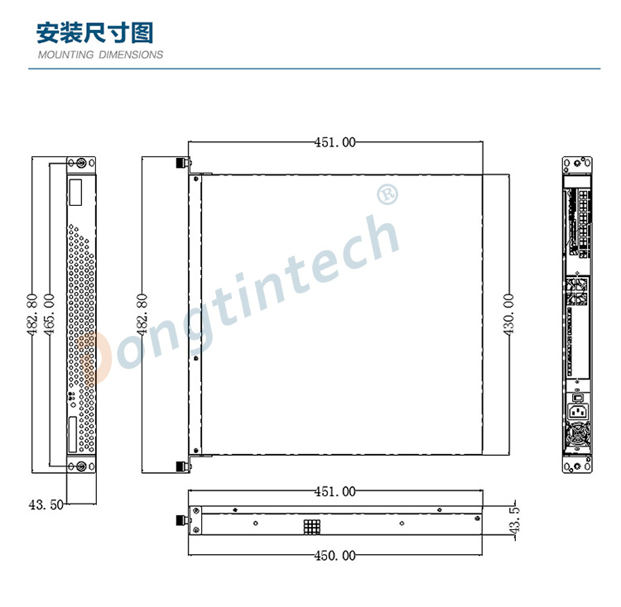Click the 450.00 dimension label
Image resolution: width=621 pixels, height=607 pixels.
(x=335, y=556)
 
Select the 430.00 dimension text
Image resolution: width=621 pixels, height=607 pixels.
(x=508, y=314)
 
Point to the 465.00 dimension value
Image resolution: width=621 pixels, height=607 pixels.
(x=49, y=315)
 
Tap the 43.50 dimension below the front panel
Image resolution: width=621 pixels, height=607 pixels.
(x=46, y=504)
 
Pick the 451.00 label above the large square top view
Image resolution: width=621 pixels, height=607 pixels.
(x=335, y=142)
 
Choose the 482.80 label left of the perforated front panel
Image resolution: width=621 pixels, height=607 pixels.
(x=32, y=315)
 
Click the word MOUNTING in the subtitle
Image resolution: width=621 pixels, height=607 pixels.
(x=65, y=55)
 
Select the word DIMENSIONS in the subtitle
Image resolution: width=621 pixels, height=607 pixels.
(x=131, y=55)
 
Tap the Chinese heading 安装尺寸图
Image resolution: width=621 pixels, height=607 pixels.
(x=95, y=33)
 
